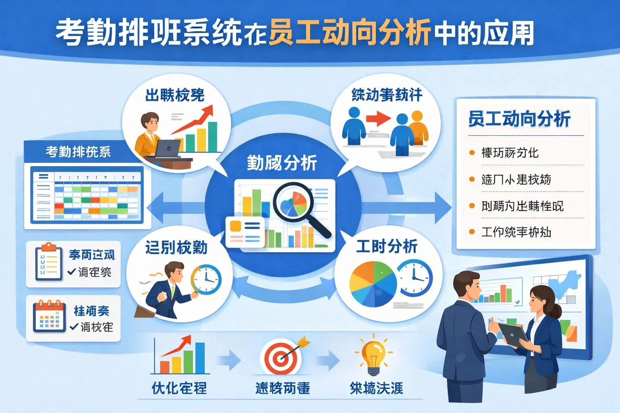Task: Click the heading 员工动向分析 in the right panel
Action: click(x=519, y=119)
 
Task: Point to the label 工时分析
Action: click(x=386, y=246)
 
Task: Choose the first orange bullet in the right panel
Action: click(x=471, y=153)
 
